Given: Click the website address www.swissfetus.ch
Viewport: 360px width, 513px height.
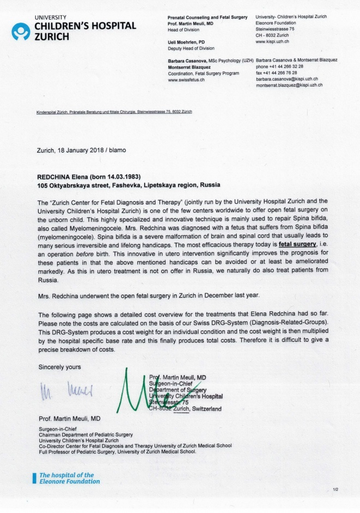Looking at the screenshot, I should (x=186, y=80).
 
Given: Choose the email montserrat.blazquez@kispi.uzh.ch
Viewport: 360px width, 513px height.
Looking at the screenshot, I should (x=289, y=85).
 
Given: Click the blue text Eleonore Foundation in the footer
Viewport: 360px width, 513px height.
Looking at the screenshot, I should (x=69, y=481).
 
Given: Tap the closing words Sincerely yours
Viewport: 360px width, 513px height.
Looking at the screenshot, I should (x=58, y=366).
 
